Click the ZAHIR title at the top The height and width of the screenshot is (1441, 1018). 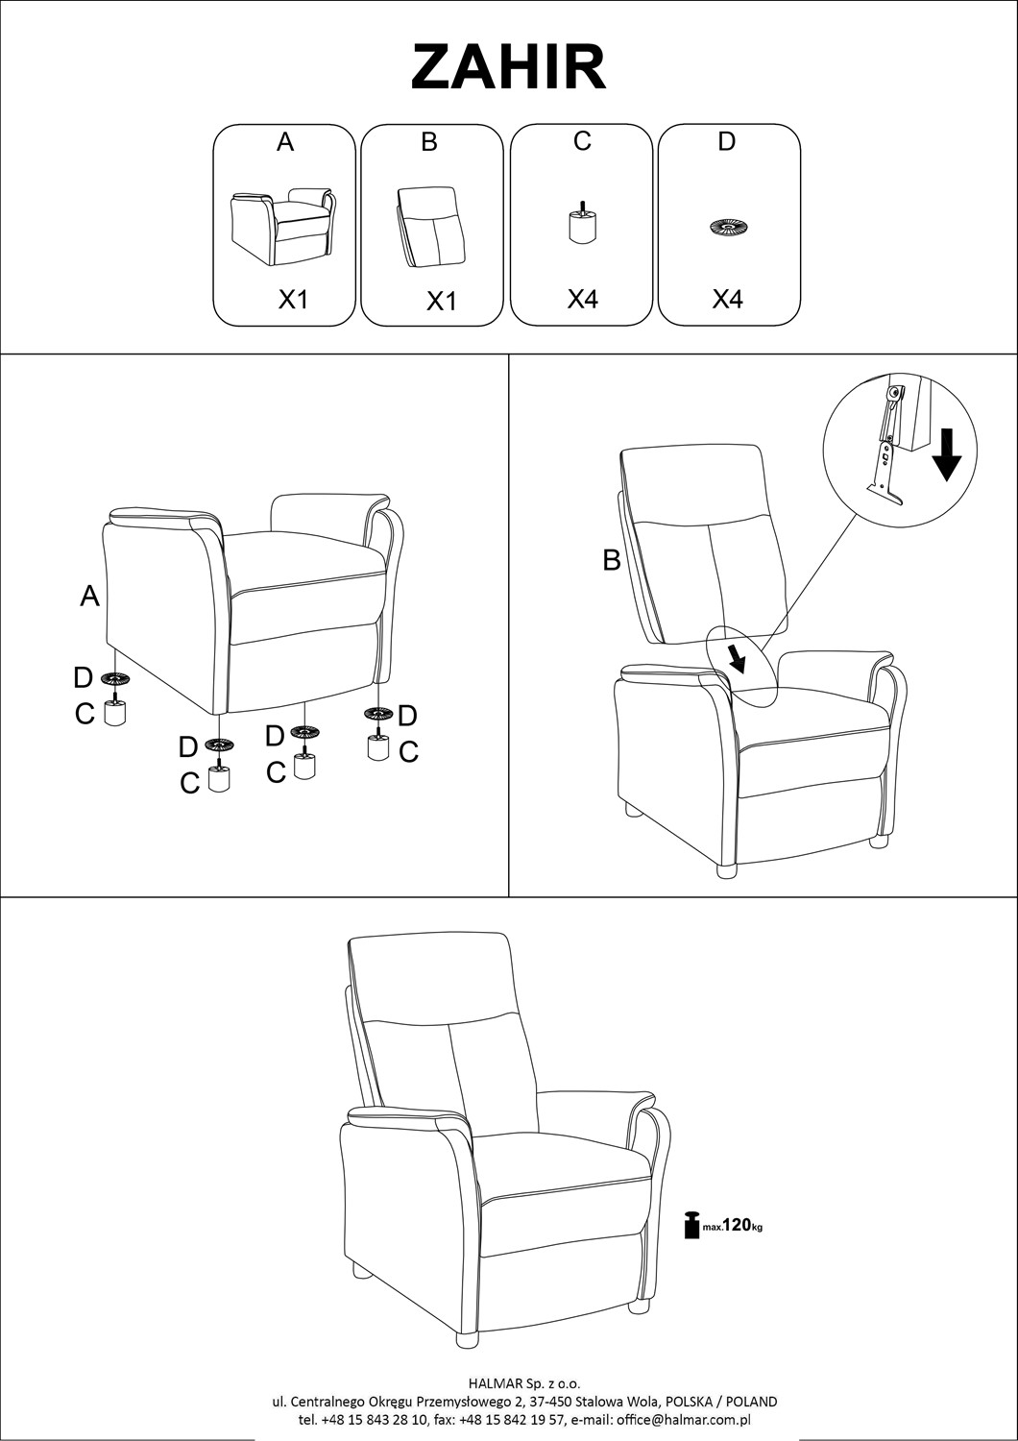pos(509,67)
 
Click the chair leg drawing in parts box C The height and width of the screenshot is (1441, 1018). pos(582,223)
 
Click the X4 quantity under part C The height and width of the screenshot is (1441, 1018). pos(583,299)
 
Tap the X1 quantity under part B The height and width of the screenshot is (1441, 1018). pos(441,301)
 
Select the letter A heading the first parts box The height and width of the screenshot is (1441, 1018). pos(285,142)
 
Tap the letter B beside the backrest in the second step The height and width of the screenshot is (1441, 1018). pos(612,560)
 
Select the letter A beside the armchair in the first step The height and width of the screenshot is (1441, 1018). pos(90,597)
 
